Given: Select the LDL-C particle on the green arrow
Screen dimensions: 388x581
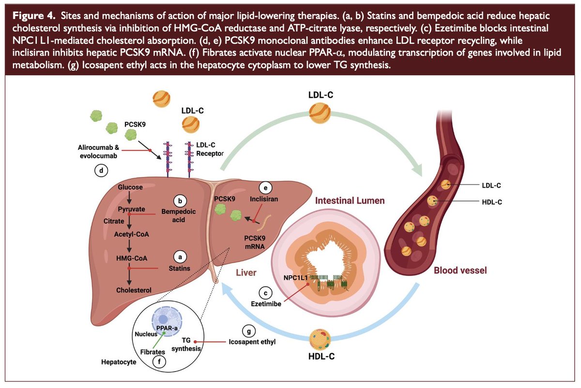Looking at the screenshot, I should (319, 114).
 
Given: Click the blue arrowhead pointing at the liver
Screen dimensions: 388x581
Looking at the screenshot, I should (225, 289).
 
